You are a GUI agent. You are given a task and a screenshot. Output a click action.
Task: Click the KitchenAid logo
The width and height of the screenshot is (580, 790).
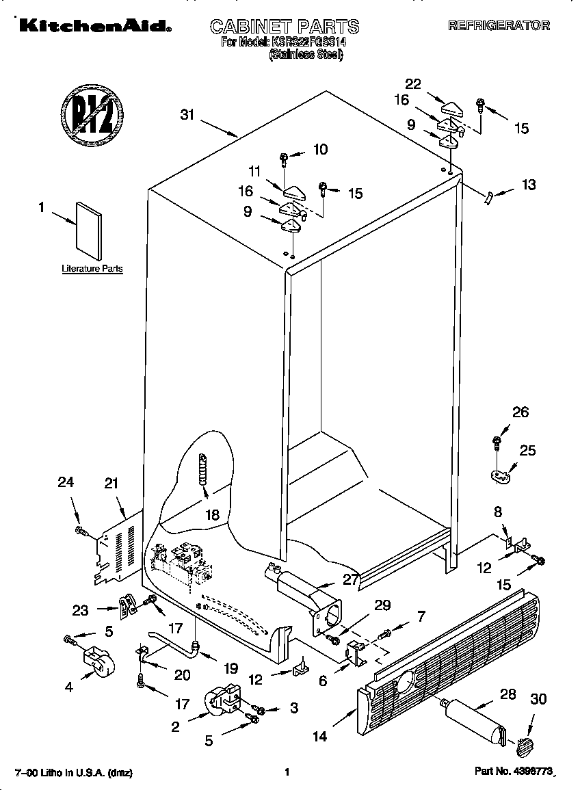coord(94,27)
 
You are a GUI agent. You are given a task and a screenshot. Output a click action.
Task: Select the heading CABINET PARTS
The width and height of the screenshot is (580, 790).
coord(284,27)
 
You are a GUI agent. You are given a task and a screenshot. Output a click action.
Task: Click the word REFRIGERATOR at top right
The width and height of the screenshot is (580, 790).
coord(499,26)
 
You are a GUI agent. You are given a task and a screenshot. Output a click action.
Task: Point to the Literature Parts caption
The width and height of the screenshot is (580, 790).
coord(92,269)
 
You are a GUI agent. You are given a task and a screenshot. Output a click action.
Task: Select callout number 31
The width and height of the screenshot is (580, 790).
coord(187,115)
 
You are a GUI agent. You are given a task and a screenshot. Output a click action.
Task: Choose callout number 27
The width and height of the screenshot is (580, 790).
coord(350,580)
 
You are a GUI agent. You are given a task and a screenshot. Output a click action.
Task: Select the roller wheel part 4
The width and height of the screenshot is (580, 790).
coord(96,663)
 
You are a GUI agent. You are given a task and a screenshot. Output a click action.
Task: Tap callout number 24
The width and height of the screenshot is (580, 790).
coord(65,482)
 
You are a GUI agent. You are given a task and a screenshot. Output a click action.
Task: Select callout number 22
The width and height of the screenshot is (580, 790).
coord(412,84)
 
